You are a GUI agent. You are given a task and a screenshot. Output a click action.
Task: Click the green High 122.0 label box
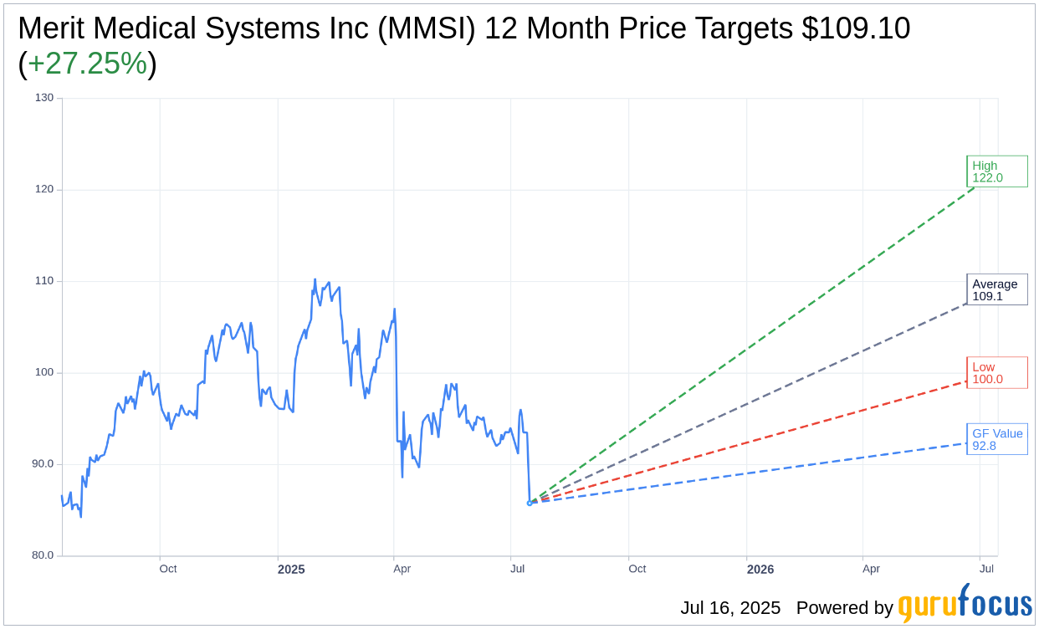[x=996, y=171]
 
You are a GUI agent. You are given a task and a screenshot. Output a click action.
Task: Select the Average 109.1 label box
[x=996, y=289]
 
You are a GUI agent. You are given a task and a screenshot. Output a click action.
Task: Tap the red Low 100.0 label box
[x=996, y=373]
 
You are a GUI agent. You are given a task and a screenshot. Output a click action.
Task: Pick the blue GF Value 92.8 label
[x=996, y=439]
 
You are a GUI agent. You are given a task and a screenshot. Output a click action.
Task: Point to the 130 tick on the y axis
[x=44, y=98]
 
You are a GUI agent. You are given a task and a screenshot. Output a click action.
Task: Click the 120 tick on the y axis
[x=44, y=189]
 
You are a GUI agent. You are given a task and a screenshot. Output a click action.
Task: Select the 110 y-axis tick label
[x=44, y=281]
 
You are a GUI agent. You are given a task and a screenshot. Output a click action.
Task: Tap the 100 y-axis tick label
[x=44, y=372]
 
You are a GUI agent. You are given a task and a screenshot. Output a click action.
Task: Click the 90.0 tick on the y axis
[x=42, y=464]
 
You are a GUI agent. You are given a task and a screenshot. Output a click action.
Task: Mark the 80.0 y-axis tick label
[x=42, y=555]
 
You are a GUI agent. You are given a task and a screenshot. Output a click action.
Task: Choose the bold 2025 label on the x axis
[x=291, y=570]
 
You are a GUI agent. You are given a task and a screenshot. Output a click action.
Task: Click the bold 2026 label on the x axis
[x=760, y=570]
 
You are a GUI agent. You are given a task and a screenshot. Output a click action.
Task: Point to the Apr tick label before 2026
[x=871, y=570]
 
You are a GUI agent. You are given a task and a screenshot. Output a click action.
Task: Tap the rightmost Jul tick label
[x=986, y=570]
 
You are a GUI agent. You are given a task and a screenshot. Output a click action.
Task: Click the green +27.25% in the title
[x=87, y=64]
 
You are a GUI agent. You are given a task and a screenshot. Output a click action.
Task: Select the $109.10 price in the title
[x=856, y=28]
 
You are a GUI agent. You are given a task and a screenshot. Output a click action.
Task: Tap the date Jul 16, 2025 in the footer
[x=730, y=608]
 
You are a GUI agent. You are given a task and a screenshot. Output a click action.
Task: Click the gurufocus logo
[x=965, y=604]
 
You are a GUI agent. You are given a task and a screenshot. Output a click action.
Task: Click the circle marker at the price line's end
[x=530, y=503]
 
